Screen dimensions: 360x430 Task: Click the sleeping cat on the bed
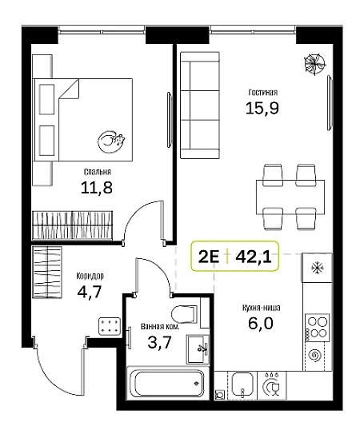point(111,141)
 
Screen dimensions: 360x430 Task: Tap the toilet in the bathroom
point(184,314)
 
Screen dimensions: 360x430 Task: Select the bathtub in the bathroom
point(166,383)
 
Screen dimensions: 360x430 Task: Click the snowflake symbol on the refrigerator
point(317,268)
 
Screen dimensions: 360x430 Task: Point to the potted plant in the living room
point(314,64)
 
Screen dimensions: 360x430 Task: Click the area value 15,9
point(262,108)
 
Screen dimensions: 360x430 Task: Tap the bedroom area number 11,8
point(97,188)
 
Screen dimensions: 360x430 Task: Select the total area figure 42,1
point(254,257)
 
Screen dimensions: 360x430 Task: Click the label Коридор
point(90,276)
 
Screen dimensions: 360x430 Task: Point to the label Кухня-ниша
point(261,308)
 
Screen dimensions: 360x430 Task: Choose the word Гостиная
point(263,92)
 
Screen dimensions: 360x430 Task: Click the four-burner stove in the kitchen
point(317,328)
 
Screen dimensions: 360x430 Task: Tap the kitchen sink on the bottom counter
point(242,384)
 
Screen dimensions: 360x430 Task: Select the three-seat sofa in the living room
point(200,105)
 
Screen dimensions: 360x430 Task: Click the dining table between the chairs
point(290,197)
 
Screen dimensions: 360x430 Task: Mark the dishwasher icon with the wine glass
point(273,385)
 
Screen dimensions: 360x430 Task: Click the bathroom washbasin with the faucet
point(198,348)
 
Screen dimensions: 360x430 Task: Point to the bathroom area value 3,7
point(159,342)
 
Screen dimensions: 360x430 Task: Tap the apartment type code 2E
point(209,257)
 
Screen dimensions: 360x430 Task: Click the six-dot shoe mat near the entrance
point(110,326)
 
